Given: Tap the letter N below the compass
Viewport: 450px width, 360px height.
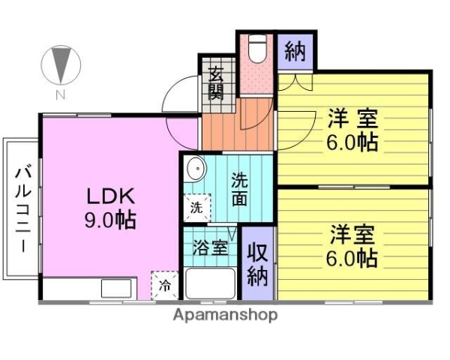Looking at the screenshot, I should click(60, 94).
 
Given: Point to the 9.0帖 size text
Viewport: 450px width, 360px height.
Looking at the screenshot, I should click(109, 220).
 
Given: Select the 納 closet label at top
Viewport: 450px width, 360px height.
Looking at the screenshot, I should click(295, 52).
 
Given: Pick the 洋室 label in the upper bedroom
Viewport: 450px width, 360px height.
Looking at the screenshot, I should click(351, 118).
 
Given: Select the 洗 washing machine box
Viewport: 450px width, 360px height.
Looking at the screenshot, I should click(196, 208).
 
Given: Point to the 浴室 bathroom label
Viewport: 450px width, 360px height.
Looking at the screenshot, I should click(209, 247).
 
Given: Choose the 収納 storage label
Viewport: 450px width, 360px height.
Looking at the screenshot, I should click(257, 264).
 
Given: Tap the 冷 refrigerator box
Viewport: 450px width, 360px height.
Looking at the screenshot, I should click(164, 284).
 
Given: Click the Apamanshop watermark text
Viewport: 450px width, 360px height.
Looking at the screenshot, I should click(225, 315).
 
